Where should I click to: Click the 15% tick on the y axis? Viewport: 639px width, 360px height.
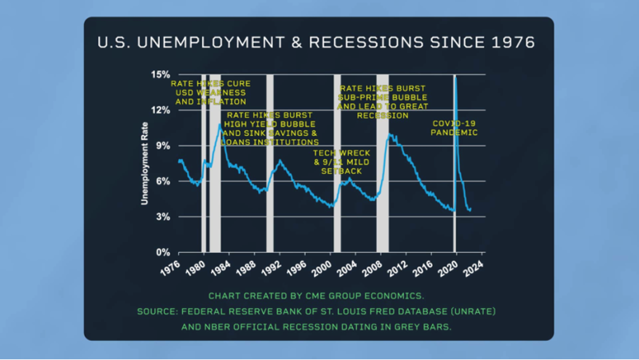coord(159,74)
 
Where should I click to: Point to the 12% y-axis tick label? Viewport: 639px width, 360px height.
coord(159,110)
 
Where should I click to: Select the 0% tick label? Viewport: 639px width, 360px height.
coord(161,252)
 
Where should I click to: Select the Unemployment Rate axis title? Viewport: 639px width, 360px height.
coord(145,164)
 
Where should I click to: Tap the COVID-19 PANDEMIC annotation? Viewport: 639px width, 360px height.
coord(454,128)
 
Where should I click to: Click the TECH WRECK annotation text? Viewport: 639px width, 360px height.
coord(337,161)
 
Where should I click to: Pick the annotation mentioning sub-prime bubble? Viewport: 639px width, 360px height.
coord(384,101)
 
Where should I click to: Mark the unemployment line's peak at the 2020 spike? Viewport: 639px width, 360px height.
coord(455,77)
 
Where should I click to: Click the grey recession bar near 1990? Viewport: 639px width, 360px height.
coord(269,164)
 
